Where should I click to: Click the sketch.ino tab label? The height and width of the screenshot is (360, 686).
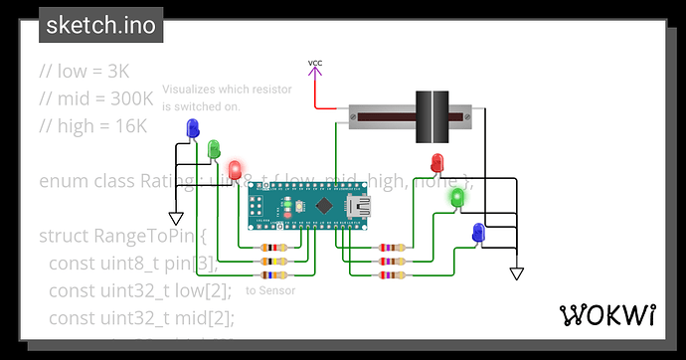[x=101, y=26]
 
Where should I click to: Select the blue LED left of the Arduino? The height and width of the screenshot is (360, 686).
[x=192, y=128]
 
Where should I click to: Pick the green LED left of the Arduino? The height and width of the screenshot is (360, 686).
[x=214, y=149]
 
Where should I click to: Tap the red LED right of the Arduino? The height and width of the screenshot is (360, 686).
[x=437, y=162]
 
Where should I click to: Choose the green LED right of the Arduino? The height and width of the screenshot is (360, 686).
[x=457, y=197]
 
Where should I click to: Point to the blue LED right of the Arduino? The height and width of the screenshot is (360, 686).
[x=478, y=233]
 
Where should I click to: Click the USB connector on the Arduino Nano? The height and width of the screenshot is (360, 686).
[x=357, y=208]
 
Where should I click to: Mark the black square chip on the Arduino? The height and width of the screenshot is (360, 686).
[x=323, y=206]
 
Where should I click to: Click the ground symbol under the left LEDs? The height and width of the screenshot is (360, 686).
[x=176, y=218]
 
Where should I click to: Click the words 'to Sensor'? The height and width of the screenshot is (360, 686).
[x=270, y=291]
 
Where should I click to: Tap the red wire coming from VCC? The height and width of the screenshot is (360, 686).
[x=316, y=94]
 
